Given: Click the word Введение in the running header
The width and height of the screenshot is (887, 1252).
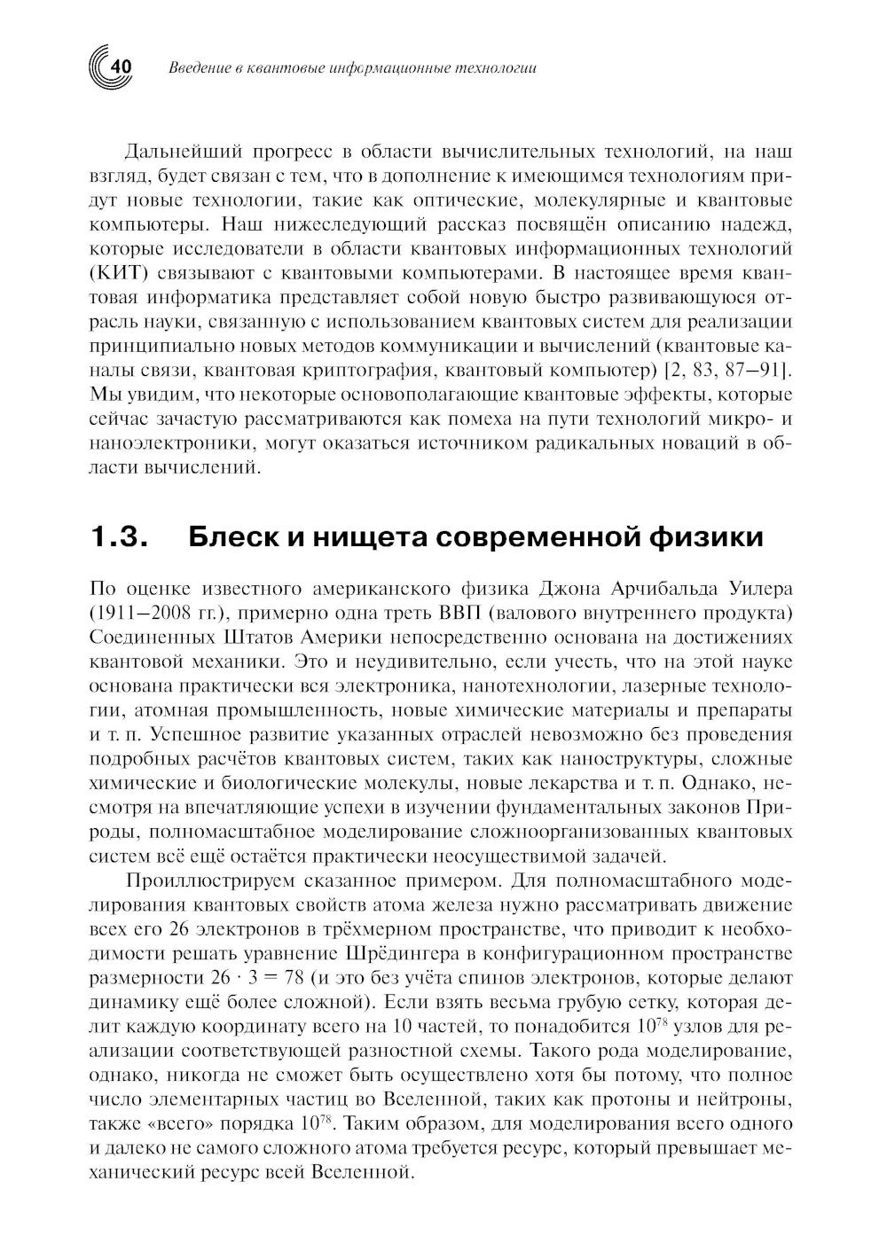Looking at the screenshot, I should point(197,68).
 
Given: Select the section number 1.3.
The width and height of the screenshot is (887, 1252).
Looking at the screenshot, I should point(118,537).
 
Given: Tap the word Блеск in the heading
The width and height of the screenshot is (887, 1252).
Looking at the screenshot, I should point(228,537).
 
